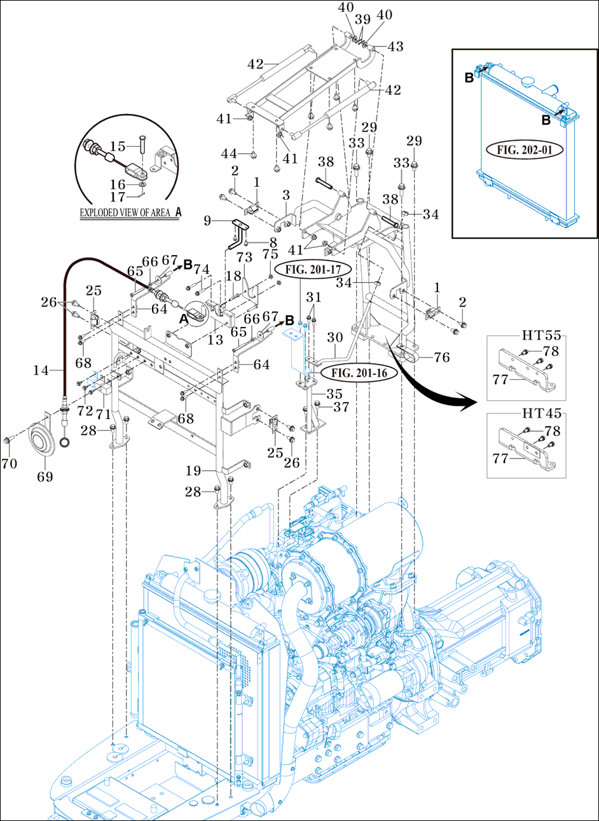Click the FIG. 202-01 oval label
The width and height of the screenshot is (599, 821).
pyautogui.click(x=525, y=151)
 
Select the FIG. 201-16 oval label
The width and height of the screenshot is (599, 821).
pyautogui.click(x=360, y=373)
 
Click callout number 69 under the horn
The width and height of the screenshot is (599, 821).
pyautogui.click(x=45, y=476)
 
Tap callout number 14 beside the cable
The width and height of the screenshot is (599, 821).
pyautogui.click(x=41, y=369)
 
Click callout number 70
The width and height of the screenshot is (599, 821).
pyautogui.click(x=9, y=464)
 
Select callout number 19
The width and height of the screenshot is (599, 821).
pyautogui.click(x=193, y=471)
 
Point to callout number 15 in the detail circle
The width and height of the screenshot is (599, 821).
pyautogui.click(x=118, y=148)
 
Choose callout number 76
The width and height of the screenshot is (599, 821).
pyautogui.click(x=442, y=357)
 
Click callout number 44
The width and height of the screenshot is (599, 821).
pyautogui.click(x=229, y=153)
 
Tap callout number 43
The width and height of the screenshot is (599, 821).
pyautogui.click(x=396, y=46)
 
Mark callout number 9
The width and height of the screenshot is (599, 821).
pyautogui.click(x=207, y=221)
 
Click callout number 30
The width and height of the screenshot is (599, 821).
pyautogui.click(x=334, y=337)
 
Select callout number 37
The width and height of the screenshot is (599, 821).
pyautogui.click(x=341, y=406)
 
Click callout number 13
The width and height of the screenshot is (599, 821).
pyautogui.click(x=216, y=340)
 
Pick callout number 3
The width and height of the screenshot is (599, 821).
pyautogui.click(x=286, y=194)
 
